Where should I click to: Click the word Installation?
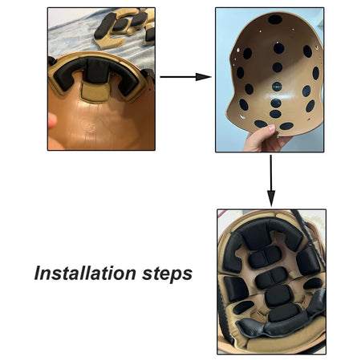[x=85, y=273]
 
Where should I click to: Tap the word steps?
[x=167, y=274]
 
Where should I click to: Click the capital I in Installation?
[x=39, y=273]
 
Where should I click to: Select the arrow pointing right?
[x=185, y=77]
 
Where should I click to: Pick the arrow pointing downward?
[x=271, y=180]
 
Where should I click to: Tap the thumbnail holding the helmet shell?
[x=270, y=80]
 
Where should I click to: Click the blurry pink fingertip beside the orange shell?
[x=52, y=121]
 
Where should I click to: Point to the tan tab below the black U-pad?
[x=95, y=91]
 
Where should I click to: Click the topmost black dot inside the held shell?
[x=275, y=19]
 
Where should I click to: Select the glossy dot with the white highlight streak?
[x=277, y=87]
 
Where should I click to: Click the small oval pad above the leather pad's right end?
[x=313, y=283]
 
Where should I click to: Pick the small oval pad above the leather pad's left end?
[x=243, y=307]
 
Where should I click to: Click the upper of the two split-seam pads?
[x=265, y=257]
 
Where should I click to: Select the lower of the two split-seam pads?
[x=271, y=278]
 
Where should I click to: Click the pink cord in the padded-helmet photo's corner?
[x=222, y=214]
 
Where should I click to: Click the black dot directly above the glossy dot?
[x=278, y=67]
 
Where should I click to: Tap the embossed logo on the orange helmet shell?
[x=91, y=128]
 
